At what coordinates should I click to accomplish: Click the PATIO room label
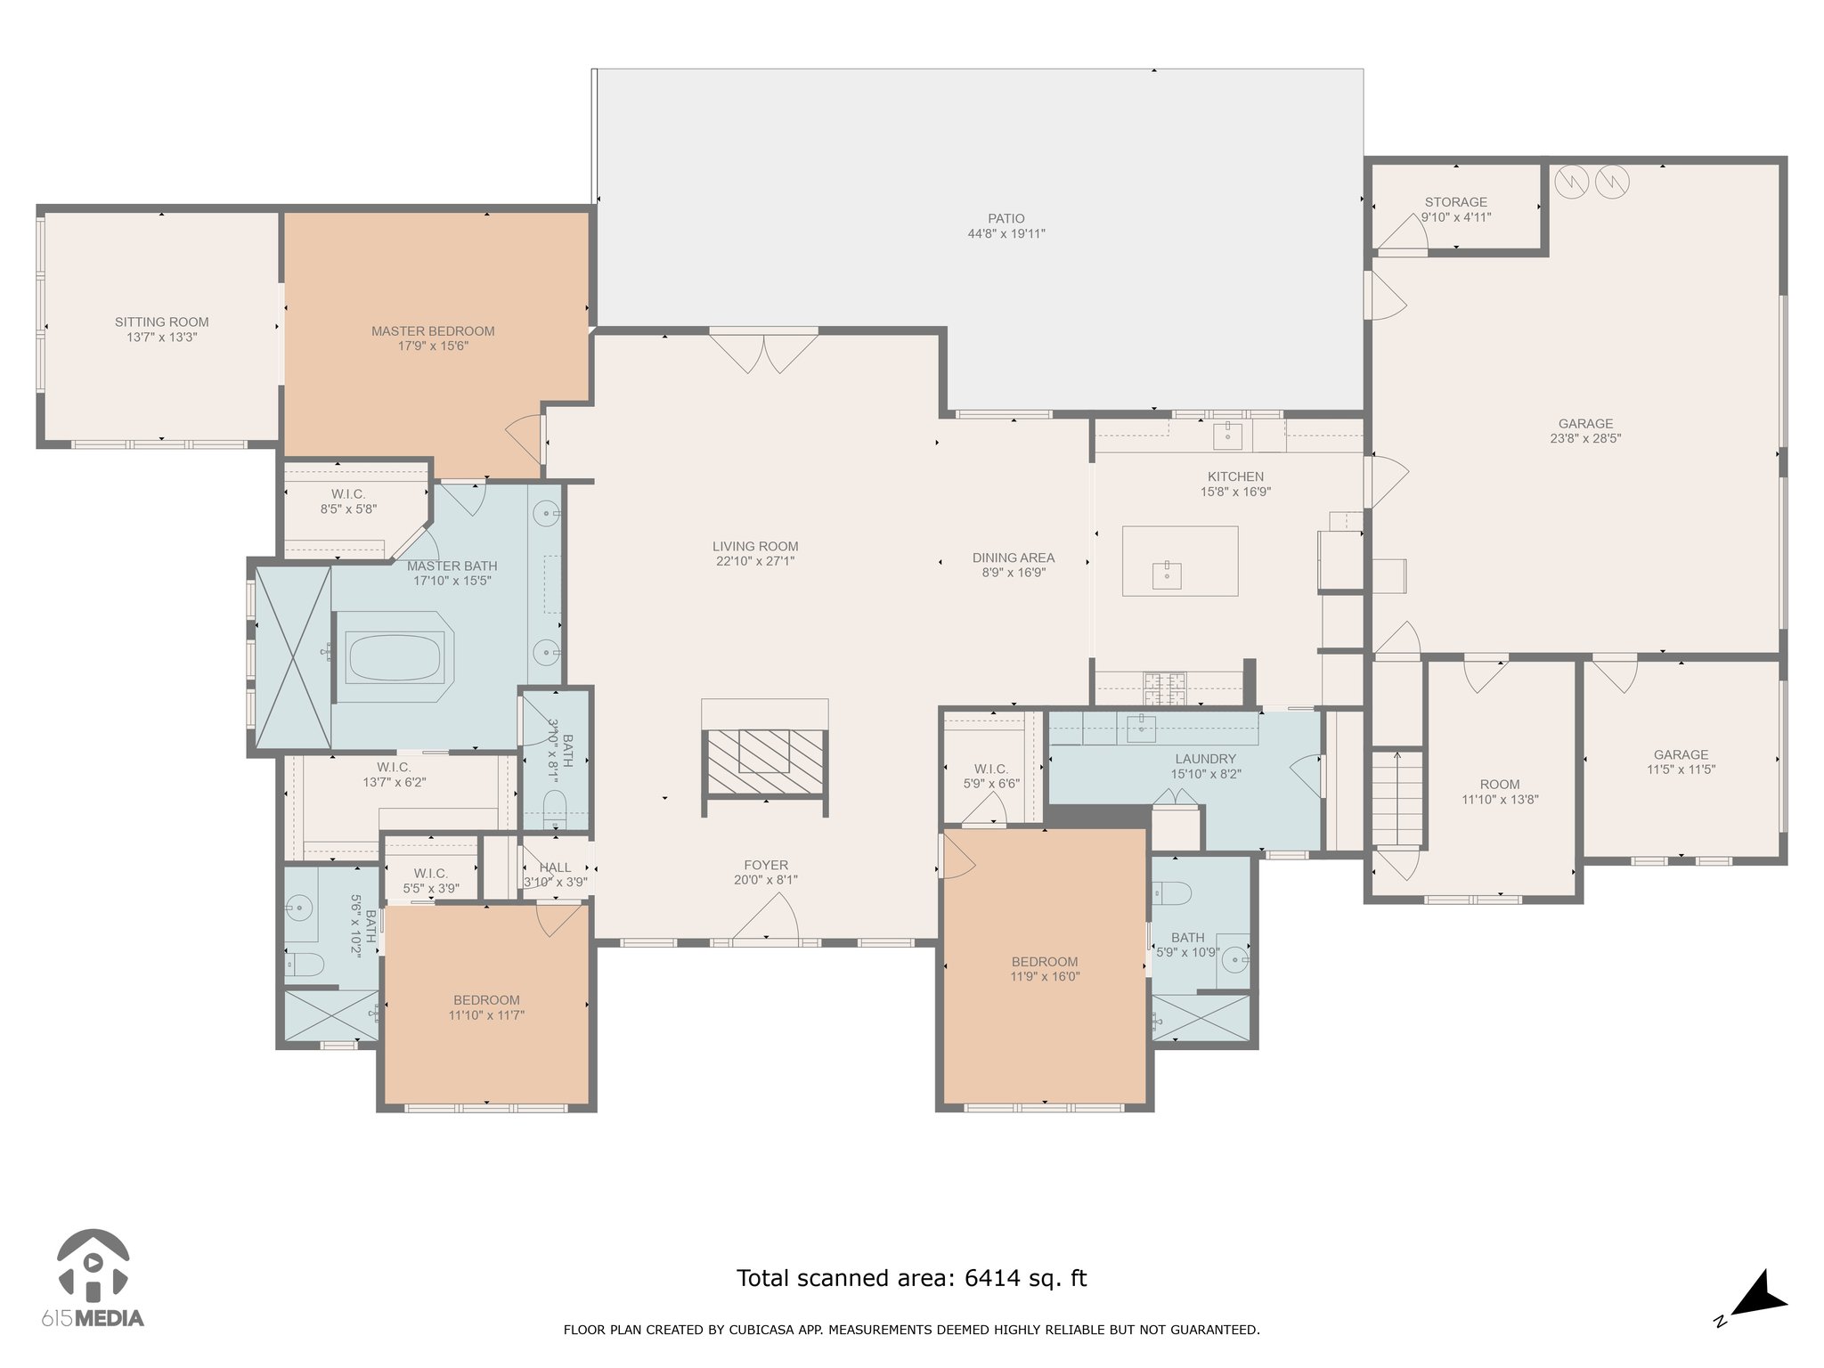click(1006, 218)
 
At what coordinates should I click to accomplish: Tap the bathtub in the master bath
click(395, 657)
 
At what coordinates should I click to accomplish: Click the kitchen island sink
click(1166, 575)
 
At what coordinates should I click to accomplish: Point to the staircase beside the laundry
click(1396, 798)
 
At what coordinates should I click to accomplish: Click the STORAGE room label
click(1456, 202)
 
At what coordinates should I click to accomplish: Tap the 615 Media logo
click(93, 1278)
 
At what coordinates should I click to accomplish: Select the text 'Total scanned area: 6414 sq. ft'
click(911, 1278)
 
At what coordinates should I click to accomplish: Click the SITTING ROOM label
click(162, 322)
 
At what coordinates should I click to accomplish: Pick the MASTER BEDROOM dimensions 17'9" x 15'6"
click(433, 346)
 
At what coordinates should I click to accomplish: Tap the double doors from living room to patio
click(763, 351)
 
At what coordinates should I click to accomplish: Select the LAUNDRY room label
click(1205, 759)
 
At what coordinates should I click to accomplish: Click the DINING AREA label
click(1014, 558)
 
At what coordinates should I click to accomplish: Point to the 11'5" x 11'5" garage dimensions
click(1681, 769)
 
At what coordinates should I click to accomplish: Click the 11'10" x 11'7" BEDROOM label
click(486, 1000)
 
